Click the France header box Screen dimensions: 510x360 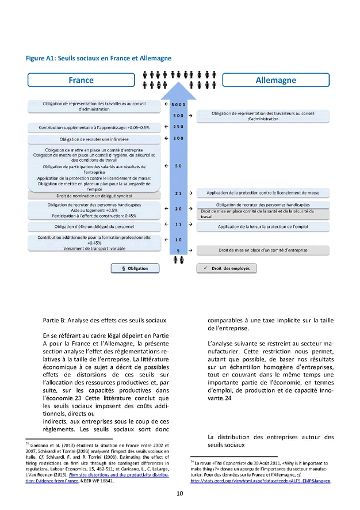(81, 80)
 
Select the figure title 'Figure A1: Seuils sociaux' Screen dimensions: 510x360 (99, 58)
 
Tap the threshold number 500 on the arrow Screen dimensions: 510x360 (178, 116)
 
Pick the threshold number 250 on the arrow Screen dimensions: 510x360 (178, 127)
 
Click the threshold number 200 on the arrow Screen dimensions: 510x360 (178, 139)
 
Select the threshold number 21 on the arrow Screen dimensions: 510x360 (178, 193)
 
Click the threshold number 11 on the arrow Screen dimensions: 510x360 (178, 224)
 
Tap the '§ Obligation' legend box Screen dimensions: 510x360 (135, 268)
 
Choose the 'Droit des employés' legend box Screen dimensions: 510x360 (227, 268)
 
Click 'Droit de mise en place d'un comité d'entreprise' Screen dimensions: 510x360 (263, 250)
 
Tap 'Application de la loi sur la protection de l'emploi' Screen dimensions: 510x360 (263, 227)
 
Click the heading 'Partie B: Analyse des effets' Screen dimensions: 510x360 (105, 319)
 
